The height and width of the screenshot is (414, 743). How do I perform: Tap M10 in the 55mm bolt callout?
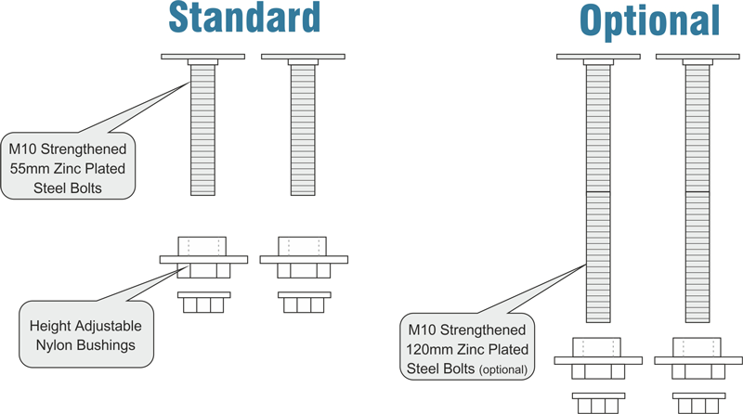25,149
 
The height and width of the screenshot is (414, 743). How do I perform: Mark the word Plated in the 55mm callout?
100,168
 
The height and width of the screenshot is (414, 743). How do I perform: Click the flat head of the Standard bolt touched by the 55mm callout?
203,57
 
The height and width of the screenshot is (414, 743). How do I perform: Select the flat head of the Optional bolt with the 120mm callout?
598,58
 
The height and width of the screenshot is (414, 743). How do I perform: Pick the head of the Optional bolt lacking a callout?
698,58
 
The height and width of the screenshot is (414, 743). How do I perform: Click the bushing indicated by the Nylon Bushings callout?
203,259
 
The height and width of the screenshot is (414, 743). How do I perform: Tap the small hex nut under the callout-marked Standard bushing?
203,304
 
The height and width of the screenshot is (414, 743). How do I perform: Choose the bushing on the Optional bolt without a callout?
698,358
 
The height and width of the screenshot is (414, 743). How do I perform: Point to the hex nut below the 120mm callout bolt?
598,404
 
